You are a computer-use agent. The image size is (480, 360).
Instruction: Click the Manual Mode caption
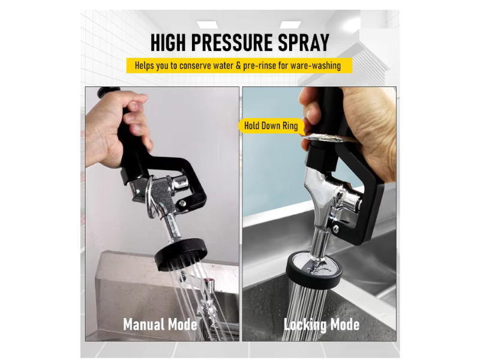click(160, 325)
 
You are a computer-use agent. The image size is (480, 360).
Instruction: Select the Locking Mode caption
click(321, 325)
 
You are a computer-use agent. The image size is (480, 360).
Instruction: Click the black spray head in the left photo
click(181, 254)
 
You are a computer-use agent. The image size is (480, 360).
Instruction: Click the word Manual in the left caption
click(143, 325)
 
